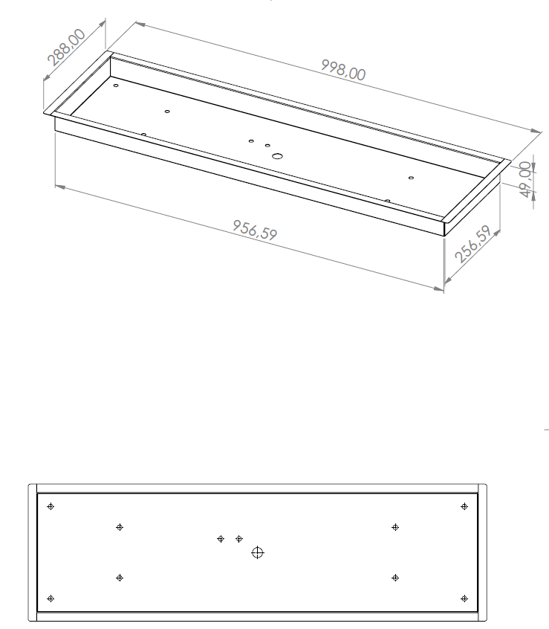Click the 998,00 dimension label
[x=343, y=70]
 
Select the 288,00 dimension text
[x=66, y=47]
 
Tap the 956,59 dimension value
[x=255, y=230]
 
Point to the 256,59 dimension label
[x=473, y=244]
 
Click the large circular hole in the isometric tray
[x=277, y=155]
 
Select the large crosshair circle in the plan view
[x=257, y=552]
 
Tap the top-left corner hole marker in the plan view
[x=51, y=506]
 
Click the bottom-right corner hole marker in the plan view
[x=464, y=599]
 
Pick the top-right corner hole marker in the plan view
[x=464, y=506]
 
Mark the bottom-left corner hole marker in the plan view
[x=51, y=599]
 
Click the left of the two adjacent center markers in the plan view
[x=221, y=539]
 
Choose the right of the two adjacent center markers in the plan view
[x=238, y=539]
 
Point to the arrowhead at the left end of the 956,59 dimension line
[x=60, y=187]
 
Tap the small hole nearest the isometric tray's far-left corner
[x=116, y=86]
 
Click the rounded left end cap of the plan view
[x=33, y=552]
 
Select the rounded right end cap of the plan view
[x=482, y=552]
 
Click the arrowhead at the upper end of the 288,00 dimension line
[x=102, y=24]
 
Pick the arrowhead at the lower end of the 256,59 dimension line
[x=449, y=280]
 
